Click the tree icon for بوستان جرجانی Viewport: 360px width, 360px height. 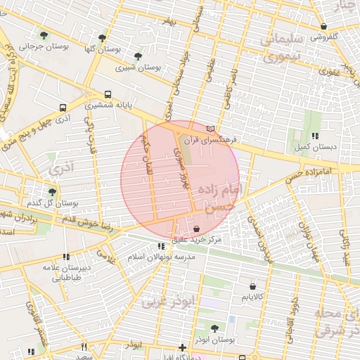[x=44, y=35]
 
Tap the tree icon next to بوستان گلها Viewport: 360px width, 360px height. [x=103, y=37]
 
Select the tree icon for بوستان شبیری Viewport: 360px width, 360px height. [x=137, y=56]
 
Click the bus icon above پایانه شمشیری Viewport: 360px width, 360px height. [x=108, y=94]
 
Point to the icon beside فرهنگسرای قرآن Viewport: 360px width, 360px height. [x=211, y=129]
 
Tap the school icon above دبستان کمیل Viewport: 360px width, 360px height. [x=315, y=135]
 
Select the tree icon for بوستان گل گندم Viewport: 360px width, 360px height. [x=52, y=191]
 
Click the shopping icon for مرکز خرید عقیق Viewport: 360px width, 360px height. [x=195, y=229]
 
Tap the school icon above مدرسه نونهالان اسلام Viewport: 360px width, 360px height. [x=162, y=246]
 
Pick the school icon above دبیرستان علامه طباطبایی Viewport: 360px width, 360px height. [x=66, y=257]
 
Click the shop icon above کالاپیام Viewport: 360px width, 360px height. [x=252, y=286]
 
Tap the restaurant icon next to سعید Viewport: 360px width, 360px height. [x=83, y=347]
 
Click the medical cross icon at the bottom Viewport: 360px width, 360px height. [x=182, y=347]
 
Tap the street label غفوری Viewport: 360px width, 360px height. [x=328, y=71]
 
